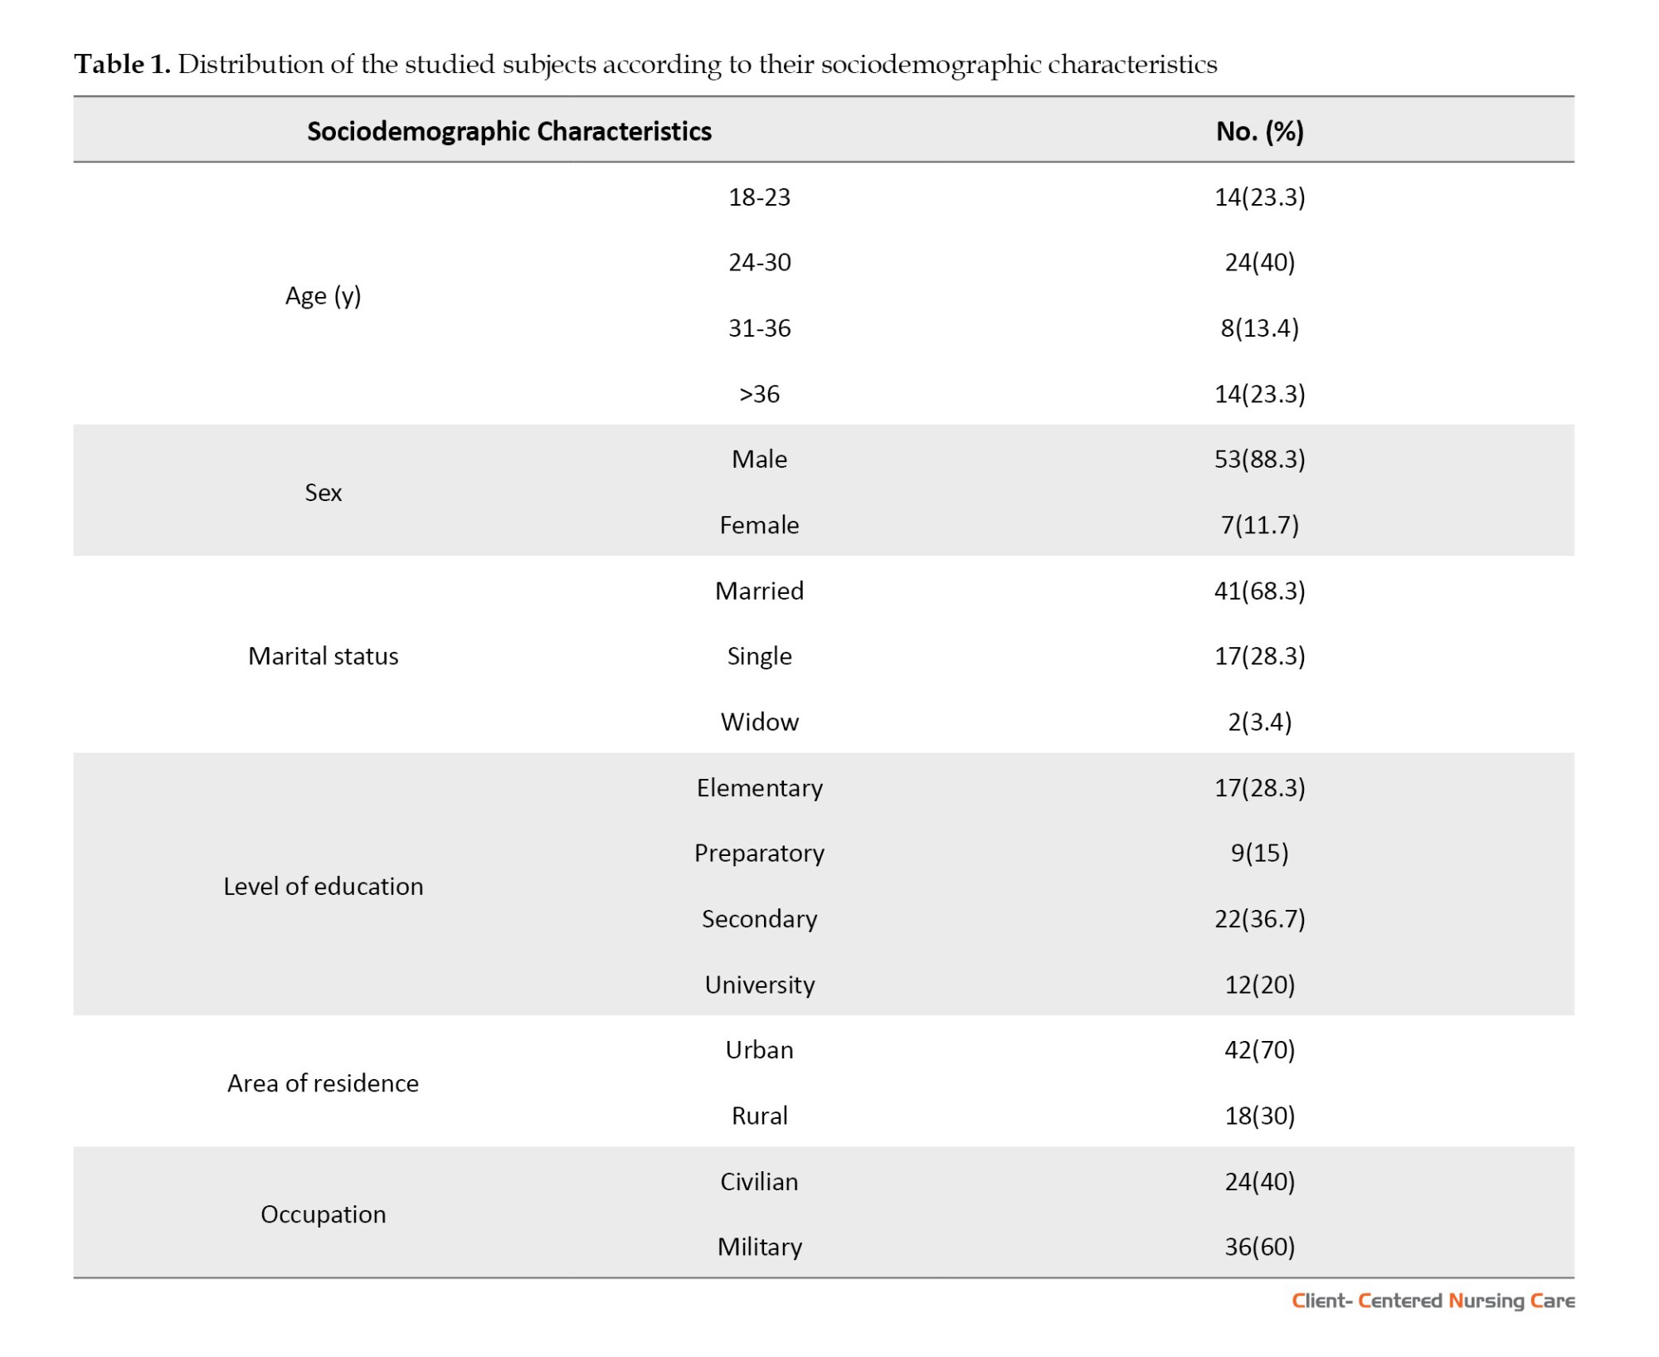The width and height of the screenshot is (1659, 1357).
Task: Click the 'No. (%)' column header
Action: click(x=1259, y=131)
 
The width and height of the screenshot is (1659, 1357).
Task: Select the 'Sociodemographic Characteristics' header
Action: click(x=509, y=131)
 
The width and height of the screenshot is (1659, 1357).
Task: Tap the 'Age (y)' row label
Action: click(x=323, y=296)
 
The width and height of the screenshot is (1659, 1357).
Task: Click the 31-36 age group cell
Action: click(x=759, y=328)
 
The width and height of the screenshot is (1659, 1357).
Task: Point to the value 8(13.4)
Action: click(x=1259, y=328)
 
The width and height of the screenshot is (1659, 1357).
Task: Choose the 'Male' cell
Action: click(x=759, y=459)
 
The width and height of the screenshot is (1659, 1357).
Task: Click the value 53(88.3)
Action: click(x=1259, y=460)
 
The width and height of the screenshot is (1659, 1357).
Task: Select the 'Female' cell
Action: click(x=759, y=525)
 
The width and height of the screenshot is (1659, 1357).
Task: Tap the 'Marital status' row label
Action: click(x=323, y=656)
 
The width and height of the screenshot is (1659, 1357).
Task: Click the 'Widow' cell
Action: click(x=759, y=722)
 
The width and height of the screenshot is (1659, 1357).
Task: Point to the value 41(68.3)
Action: click(x=1259, y=591)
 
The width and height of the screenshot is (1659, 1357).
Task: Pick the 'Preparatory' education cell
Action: click(x=759, y=854)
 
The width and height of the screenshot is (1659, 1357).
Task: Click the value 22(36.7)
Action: click(x=1259, y=919)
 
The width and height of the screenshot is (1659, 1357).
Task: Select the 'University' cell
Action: click(x=759, y=985)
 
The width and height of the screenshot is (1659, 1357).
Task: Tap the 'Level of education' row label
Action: click(x=323, y=886)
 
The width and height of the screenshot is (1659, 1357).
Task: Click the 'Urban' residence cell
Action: click(x=759, y=1050)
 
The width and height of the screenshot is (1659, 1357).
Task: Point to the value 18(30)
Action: click(x=1259, y=1116)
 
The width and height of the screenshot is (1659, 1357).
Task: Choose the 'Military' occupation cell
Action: click(x=759, y=1247)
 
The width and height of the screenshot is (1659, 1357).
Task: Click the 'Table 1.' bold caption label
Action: click(x=122, y=64)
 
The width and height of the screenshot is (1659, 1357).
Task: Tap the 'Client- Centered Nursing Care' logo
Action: click(x=1433, y=1301)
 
